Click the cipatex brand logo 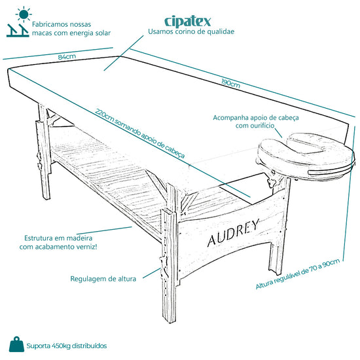tap(188, 22)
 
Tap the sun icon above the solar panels tap(24, 14)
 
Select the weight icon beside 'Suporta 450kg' tap(16, 344)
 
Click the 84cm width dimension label tap(67, 56)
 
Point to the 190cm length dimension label tap(231, 83)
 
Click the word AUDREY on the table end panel tap(233, 232)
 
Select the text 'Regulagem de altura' tap(103, 279)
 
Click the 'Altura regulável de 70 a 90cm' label tap(298, 274)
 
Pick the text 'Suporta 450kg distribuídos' tap(67, 346)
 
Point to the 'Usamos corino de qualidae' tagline tap(191, 31)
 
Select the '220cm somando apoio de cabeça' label tap(140, 134)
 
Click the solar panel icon tap(18, 30)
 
